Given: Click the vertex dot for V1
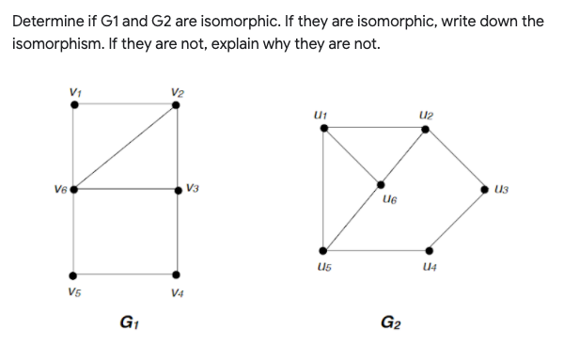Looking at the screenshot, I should (75, 105).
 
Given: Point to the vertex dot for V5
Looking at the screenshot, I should (75, 275).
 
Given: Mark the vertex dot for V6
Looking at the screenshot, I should (75, 189).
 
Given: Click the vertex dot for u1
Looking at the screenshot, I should (324, 129).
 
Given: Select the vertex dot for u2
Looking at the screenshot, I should (425, 129).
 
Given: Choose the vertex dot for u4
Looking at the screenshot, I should (429, 250).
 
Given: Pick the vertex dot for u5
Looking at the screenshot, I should (324, 250).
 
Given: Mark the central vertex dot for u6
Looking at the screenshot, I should (382, 185).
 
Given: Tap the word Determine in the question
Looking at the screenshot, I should (55, 21).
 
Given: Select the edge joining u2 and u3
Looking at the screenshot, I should (456, 159).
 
